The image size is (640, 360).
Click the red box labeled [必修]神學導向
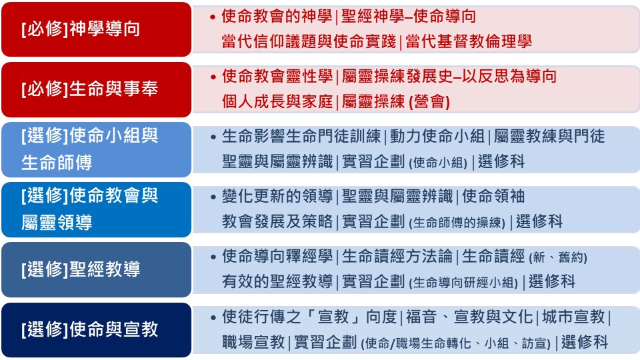(96, 29)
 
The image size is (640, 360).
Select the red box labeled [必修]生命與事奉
(96, 89)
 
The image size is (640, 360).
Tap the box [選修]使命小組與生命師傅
(96, 149)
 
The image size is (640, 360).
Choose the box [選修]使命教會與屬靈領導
(96, 209)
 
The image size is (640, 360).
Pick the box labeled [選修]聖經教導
(96, 269)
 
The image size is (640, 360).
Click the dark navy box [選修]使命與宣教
(96, 330)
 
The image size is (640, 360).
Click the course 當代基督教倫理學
(469, 41)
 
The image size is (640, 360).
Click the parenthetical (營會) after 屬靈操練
(429, 101)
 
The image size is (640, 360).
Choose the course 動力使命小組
(437, 136)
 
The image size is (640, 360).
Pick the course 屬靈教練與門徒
(549, 136)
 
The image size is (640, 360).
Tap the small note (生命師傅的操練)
(457, 223)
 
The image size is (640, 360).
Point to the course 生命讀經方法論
(397, 256)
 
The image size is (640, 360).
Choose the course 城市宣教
(573, 317)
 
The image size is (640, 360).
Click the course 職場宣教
(253, 342)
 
